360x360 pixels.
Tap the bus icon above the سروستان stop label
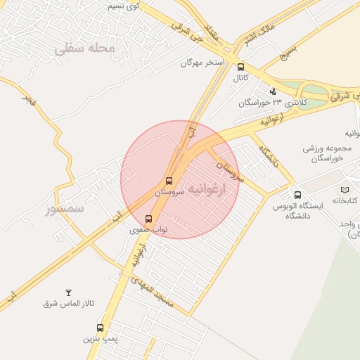tap(169, 181)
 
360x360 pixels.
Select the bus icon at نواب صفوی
tap(148, 219)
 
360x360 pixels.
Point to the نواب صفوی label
tap(148, 229)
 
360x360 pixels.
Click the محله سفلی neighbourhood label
tap(84, 49)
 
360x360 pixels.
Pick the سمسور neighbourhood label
tap(65, 209)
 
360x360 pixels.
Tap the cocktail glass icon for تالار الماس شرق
tap(68, 292)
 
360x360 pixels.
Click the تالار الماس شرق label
tap(68, 303)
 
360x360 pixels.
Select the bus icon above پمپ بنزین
tap(100, 328)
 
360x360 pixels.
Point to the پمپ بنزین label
tap(99, 339)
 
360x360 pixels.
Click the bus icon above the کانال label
tap(241, 67)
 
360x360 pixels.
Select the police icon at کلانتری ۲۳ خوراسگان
tap(273, 91)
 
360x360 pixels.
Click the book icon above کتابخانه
tap(345, 190)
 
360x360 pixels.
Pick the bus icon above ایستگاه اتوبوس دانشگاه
tap(297, 195)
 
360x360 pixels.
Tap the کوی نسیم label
tap(127, 6)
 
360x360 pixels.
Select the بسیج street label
tap(288, 51)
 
